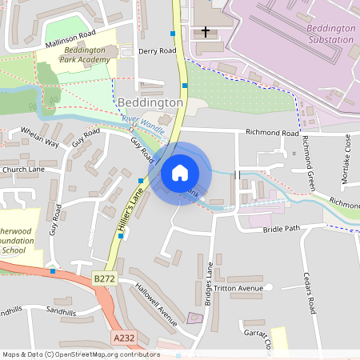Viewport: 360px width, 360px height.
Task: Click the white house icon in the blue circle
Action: click(x=180, y=172)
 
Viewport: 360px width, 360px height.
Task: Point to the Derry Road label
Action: click(x=157, y=50)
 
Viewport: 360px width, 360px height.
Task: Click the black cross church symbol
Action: click(x=206, y=32)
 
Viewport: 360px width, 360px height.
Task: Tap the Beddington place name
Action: click(x=150, y=103)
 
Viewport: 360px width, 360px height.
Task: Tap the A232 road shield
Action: click(x=124, y=338)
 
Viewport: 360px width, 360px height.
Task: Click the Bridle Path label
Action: click(x=280, y=230)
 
